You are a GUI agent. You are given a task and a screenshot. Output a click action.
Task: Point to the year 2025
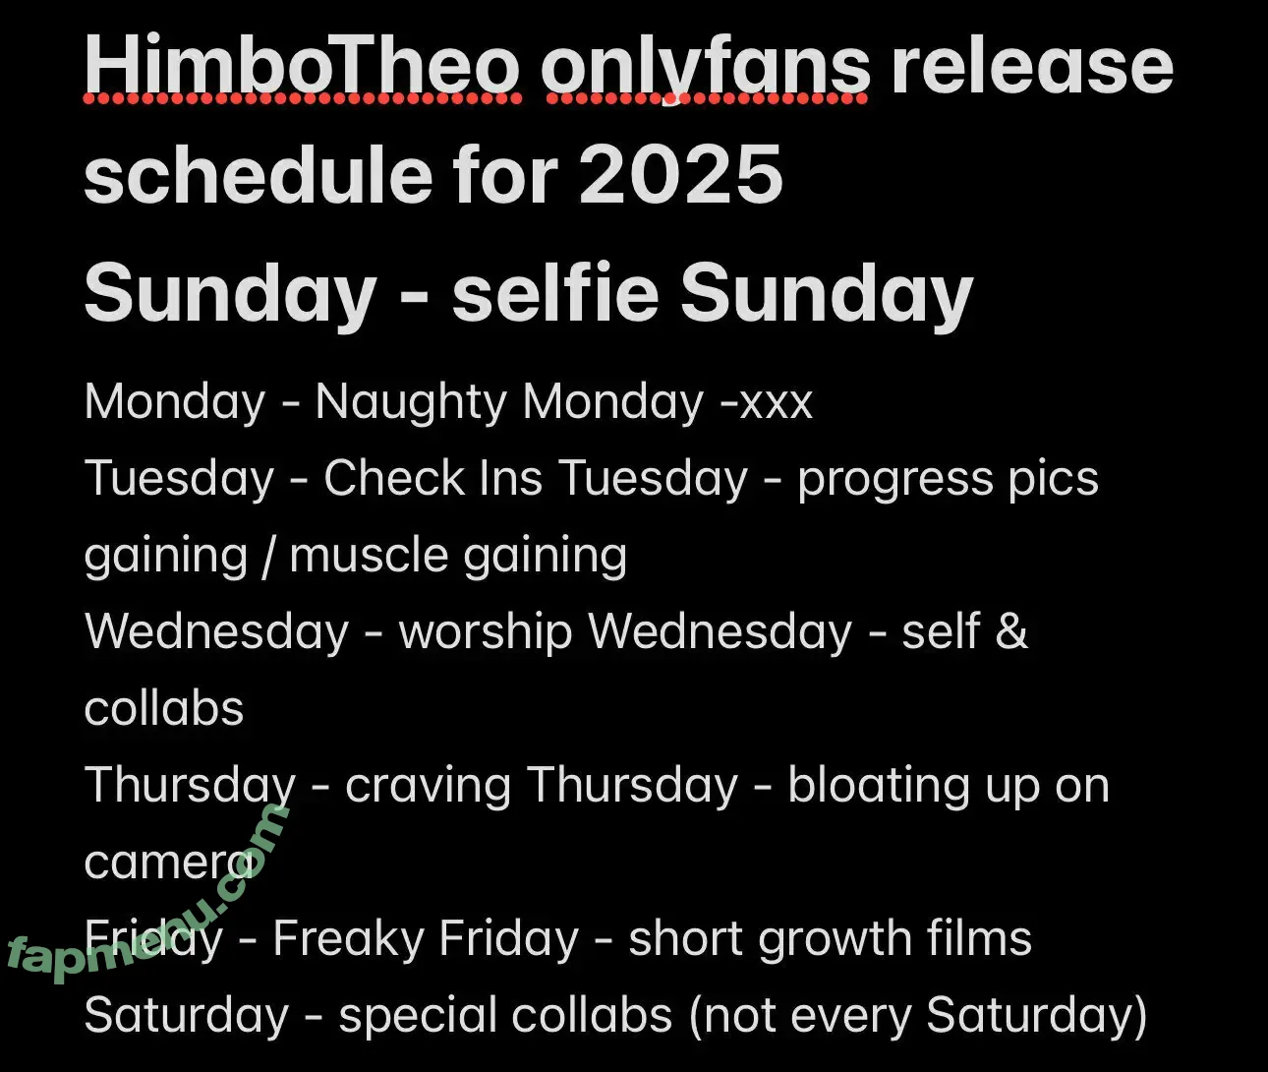coord(681,174)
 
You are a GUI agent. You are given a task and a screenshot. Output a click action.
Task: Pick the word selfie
coord(555,291)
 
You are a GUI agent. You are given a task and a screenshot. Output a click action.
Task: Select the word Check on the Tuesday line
coord(395,478)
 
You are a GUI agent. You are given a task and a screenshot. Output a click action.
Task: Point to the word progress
coord(895,481)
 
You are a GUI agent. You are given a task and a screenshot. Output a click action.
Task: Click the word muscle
coord(369,556)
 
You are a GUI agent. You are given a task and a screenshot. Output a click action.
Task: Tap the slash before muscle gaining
coord(267,556)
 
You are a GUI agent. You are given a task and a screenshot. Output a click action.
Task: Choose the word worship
coord(486,633)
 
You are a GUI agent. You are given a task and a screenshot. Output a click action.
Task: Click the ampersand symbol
coord(1011,630)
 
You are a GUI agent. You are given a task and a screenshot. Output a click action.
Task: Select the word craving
coord(428,787)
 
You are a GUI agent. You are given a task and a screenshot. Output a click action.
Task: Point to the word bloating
coord(879,787)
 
